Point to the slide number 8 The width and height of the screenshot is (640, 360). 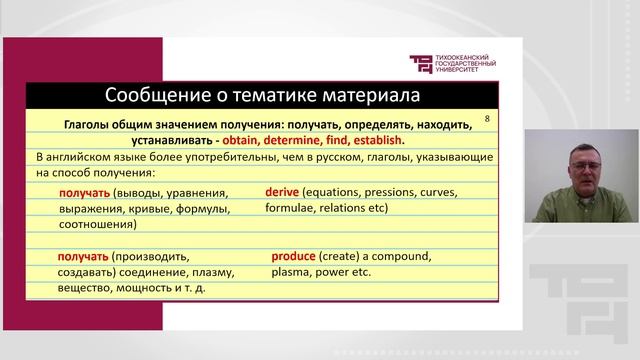[487, 119]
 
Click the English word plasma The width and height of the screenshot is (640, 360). [290, 271]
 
